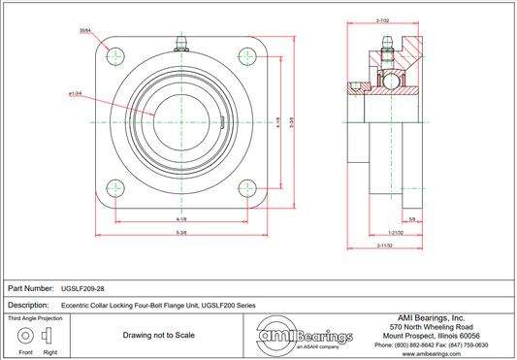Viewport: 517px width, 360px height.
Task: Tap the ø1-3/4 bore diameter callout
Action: coord(75,93)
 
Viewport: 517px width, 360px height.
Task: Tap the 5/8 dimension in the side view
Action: coord(413,220)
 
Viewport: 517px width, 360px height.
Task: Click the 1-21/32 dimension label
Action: coord(396,234)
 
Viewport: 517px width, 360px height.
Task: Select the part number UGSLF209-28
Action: coord(81,288)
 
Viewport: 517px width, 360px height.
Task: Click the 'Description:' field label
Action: coord(29,305)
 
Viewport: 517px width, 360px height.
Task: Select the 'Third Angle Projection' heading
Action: coord(36,317)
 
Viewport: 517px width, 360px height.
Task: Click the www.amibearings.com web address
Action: coord(431,354)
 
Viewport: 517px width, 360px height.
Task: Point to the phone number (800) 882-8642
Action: coord(407,345)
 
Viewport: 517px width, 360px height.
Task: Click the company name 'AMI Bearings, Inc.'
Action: coord(431,317)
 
